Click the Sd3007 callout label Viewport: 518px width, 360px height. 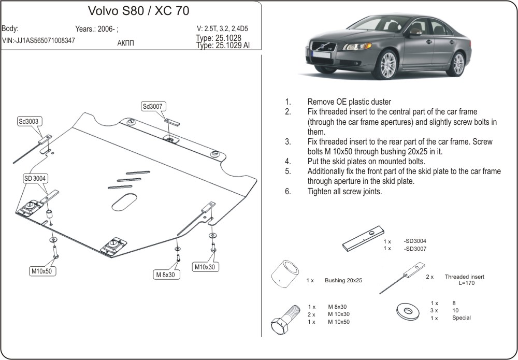click(x=153, y=106)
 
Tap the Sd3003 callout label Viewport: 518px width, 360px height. click(x=28, y=122)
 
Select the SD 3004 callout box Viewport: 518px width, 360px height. click(x=35, y=179)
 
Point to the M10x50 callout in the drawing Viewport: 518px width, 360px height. click(x=43, y=271)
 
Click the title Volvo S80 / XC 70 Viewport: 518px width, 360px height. click(x=131, y=11)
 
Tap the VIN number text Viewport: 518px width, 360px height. click(x=38, y=40)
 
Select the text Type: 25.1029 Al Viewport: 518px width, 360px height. click(x=223, y=46)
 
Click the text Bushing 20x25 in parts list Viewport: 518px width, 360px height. click(x=343, y=280)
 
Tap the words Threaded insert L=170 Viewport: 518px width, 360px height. click(x=464, y=280)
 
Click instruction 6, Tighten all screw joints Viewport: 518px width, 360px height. click(x=344, y=191)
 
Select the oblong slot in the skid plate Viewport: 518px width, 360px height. click(x=125, y=202)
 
